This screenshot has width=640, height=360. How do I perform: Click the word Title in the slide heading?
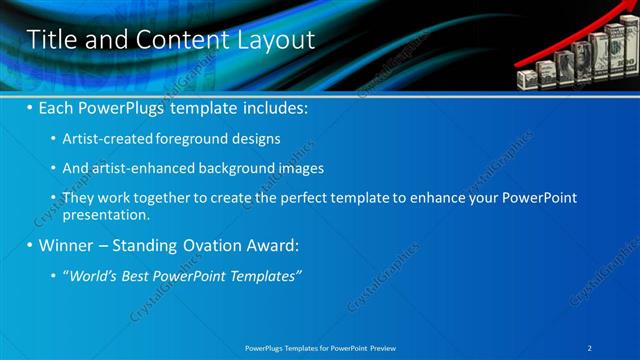point(51,40)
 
